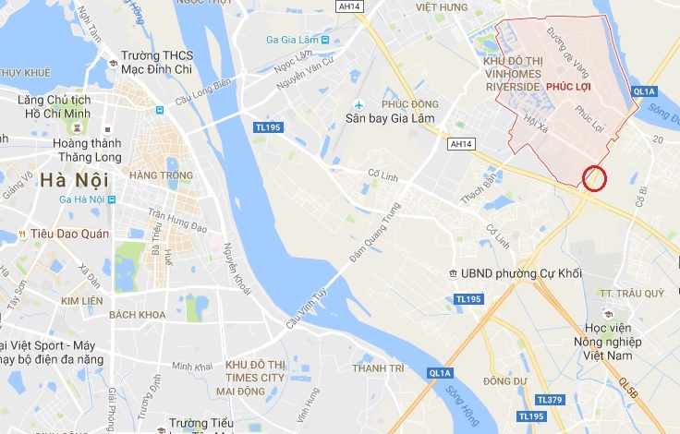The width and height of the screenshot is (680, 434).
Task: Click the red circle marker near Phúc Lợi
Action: (x=595, y=178)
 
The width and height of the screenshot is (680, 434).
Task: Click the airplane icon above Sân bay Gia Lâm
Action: (x=357, y=103)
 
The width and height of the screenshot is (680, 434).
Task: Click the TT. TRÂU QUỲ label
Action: (x=632, y=293)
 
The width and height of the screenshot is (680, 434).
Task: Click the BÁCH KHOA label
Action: (x=136, y=315)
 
